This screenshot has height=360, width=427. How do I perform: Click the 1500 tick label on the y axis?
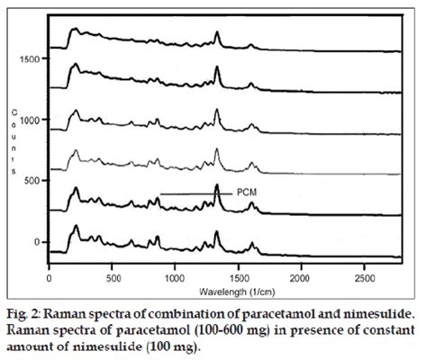click(30, 58)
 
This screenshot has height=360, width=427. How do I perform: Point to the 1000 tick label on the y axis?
click(30, 120)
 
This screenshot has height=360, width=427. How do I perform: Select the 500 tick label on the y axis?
click(32, 180)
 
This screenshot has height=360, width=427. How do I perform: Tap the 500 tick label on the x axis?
click(113, 280)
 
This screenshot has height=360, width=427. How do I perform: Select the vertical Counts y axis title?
click(14, 139)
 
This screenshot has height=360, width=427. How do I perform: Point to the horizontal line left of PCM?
click(195, 193)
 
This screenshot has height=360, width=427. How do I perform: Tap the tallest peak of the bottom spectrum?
click(217, 232)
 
